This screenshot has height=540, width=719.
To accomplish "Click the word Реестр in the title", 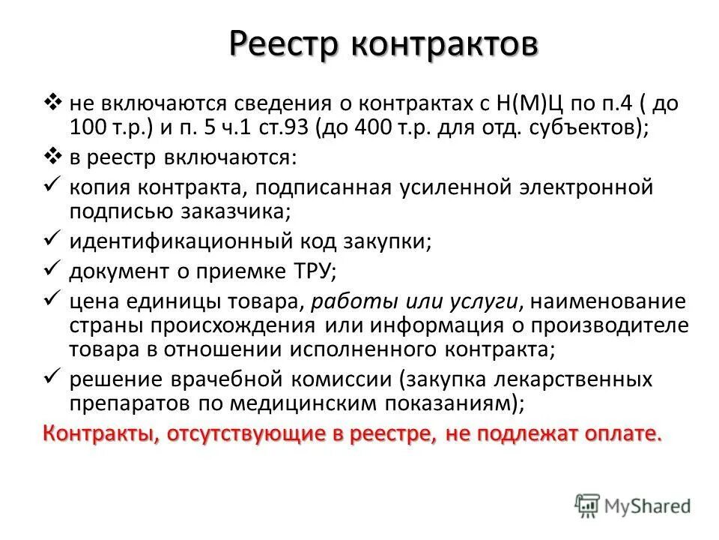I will click(275, 43).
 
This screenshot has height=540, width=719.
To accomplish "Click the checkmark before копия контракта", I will click(52, 184).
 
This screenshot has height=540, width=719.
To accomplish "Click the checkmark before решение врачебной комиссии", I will click(52, 377).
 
